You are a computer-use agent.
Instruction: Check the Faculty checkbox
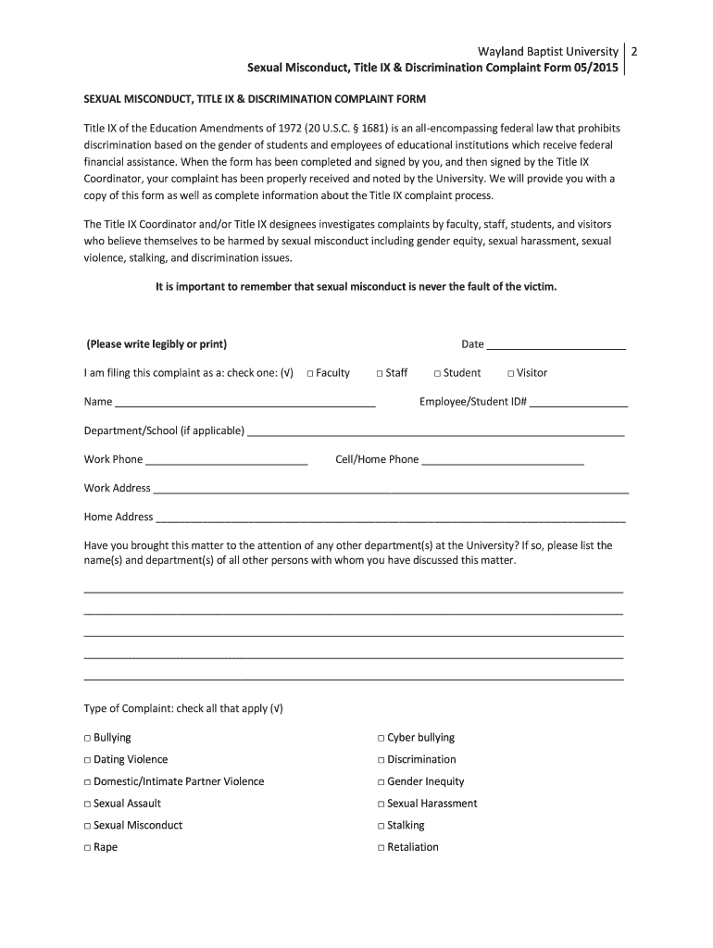coord(309,373)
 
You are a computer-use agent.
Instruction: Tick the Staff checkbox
coord(380,373)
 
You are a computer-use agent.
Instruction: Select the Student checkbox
coord(437,373)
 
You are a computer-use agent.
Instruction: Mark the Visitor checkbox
coord(510,373)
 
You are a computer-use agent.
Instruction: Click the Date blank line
coord(556,345)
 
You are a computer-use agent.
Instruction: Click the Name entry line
coord(244,403)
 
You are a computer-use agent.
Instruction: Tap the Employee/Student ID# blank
coord(579,403)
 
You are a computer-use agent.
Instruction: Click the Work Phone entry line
coord(226,460)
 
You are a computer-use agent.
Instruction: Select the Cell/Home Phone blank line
coord(502,460)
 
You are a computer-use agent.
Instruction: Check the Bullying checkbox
coord(87,739)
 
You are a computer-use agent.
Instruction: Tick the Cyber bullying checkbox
coord(381,739)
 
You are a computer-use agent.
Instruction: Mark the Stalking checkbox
coord(381,826)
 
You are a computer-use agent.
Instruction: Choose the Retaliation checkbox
coord(381,848)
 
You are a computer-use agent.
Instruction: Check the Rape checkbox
coord(87,848)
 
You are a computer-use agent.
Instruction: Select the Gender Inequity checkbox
coord(381,782)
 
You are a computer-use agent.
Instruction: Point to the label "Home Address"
coord(119,517)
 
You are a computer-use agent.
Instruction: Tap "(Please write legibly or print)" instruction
coord(156,344)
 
